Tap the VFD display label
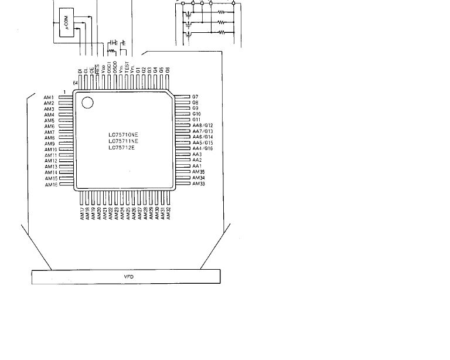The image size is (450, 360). tap(129, 276)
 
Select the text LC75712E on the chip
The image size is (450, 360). tap(121, 147)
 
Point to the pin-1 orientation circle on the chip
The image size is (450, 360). tap(87, 103)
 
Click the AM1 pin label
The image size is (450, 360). tap(49, 97)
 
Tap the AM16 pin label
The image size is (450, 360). tap(50, 185)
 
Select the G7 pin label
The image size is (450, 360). tap(195, 97)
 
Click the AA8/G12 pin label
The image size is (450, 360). tap(203, 125)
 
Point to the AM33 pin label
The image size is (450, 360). tap(198, 184)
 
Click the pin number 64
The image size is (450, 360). tap(75, 83)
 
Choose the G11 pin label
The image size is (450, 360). tap(196, 120)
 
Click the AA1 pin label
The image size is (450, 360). tap(197, 166)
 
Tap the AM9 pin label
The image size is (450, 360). tap(49, 144)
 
